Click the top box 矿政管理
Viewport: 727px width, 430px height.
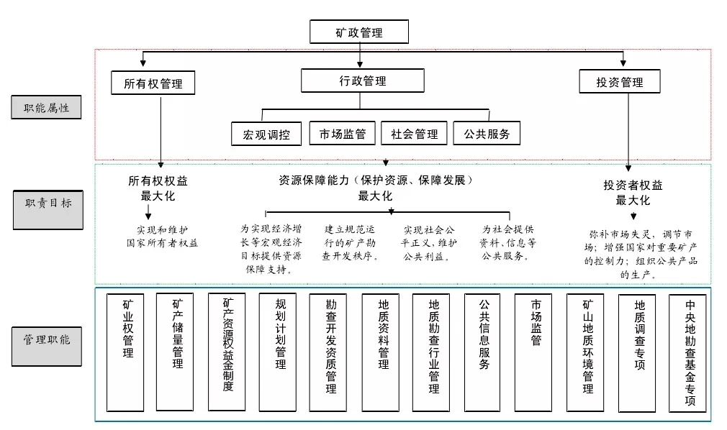pyautogui.click(x=359, y=32)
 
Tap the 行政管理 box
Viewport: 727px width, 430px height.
pyautogui.click(x=363, y=81)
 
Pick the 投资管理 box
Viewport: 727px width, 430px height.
pyautogui.click(x=619, y=81)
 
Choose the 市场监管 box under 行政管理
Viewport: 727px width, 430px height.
pyautogui.click(x=343, y=133)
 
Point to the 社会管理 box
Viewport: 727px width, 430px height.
pyautogui.click(x=414, y=133)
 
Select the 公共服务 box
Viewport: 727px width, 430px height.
pyautogui.click(x=487, y=133)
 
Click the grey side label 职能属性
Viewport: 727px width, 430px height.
pyautogui.click(x=46, y=109)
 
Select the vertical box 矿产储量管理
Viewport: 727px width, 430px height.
pyautogui.click(x=177, y=352)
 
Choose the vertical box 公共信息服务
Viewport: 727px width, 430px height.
pyautogui.click(x=484, y=352)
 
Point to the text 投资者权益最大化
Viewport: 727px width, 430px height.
pyautogui.click(x=633, y=192)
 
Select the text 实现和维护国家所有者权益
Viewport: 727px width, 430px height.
pyautogui.click(x=161, y=237)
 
